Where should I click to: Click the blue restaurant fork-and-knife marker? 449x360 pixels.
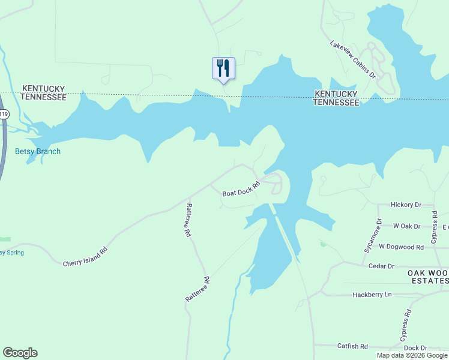point(223,68)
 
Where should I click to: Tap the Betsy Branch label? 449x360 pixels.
point(38,152)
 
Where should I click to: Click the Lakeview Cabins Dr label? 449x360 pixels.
point(352,59)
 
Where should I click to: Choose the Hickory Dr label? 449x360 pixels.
point(406,205)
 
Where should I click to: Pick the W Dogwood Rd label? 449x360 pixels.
point(409,247)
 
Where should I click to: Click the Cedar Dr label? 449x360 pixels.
point(382,266)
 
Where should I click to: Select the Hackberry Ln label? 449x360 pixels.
point(372,295)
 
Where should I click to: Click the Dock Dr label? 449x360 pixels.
point(415,348)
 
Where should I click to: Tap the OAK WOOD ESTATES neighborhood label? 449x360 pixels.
point(428,277)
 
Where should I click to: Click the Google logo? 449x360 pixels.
point(20,353)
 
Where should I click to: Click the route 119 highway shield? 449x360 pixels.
point(4,114)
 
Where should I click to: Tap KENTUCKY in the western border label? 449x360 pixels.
point(43,88)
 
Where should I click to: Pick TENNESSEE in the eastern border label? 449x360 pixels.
point(336,103)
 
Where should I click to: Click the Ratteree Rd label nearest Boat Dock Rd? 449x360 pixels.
point(188,220)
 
